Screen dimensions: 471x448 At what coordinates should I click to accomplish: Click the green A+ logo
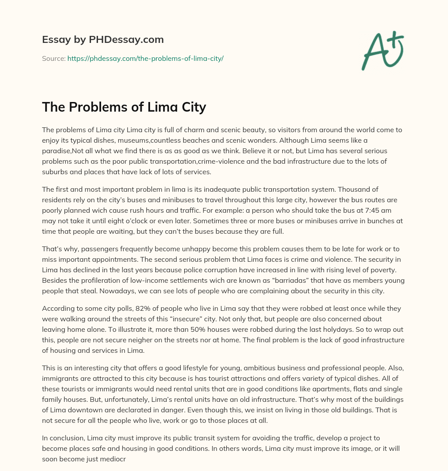[x=382, y=51]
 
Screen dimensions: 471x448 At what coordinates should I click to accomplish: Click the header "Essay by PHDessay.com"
[x=103, y=40]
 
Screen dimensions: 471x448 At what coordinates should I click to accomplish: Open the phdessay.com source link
[x=145, y=58]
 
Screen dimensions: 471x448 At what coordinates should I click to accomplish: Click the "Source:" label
[x=53, y=58]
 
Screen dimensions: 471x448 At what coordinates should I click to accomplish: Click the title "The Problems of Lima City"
[x=124, y=107]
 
